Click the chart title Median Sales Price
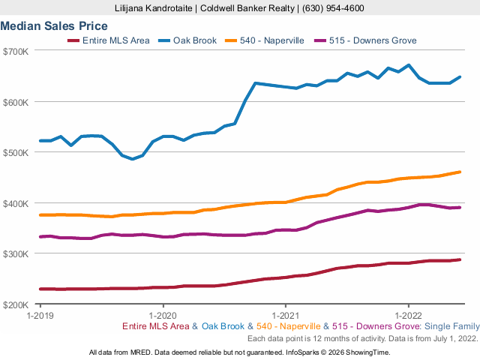tap(54, 26)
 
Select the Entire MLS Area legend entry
tap(117, 40)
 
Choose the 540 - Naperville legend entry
tap(271, 40)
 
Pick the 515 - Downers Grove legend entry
tap(372, 40)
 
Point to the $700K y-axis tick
tap(16, 51)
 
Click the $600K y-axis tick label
tap(16, 102)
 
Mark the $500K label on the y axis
tap(16, 152)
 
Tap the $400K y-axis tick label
tap(16, 203)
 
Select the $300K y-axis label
tap(16, 253)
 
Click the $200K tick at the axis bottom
tap(16, 304)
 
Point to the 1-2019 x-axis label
tap(40, 316)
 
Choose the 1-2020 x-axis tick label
tap(163, 316)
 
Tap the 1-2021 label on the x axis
tap(286, 316)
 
